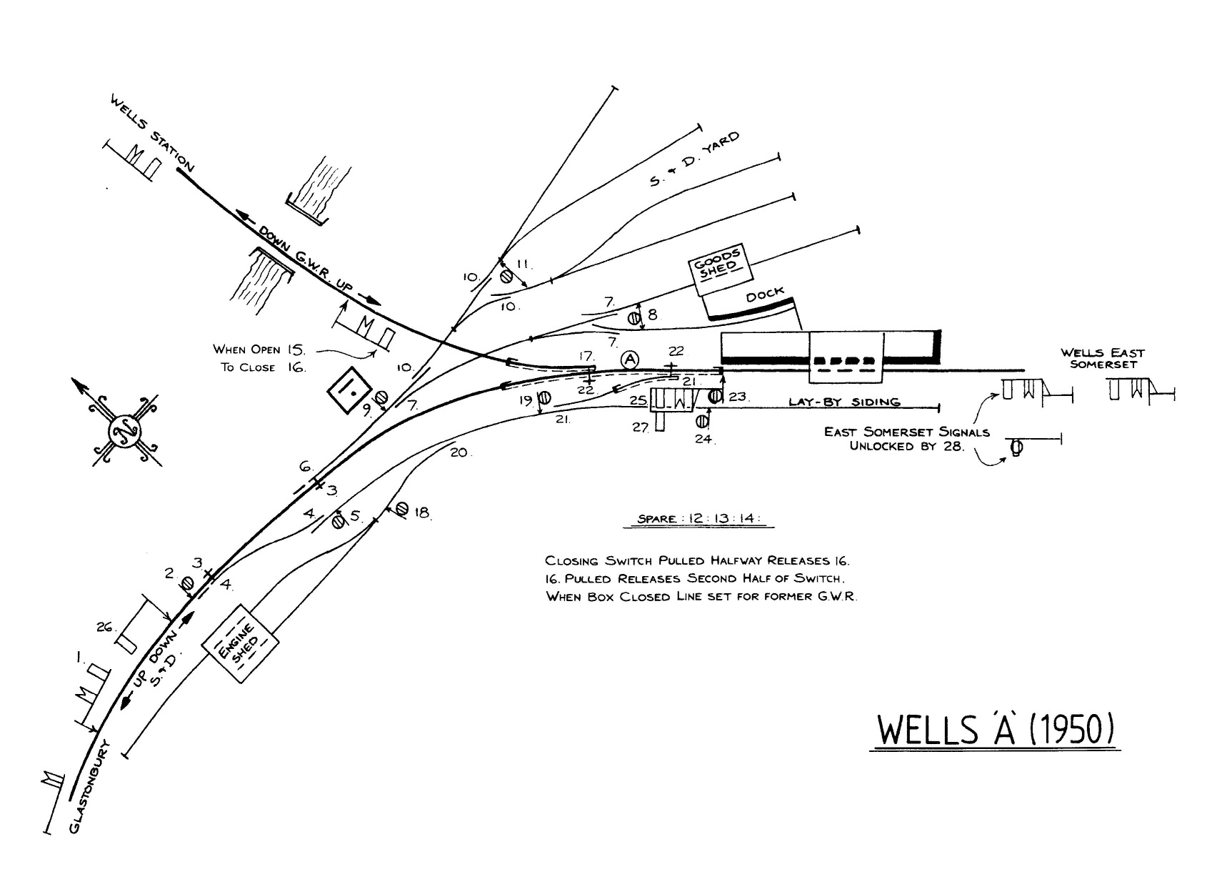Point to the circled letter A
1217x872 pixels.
[x=629, y=360]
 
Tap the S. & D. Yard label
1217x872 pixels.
[x=694, y=159]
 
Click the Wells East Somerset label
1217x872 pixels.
[x=1102, y=358]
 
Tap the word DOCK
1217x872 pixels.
[x=765, y=294]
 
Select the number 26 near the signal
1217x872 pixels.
[x=105, y=627]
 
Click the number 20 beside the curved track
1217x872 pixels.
[x=459, y=452]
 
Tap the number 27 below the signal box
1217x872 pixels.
[x=639, y=427]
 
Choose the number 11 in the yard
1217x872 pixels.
[x=523, y=264]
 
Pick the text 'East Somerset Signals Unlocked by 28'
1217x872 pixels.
[x=906, y=439]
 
